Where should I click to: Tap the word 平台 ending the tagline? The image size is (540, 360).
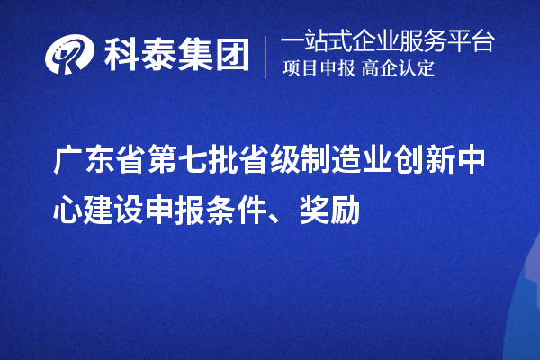point(474,41)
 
